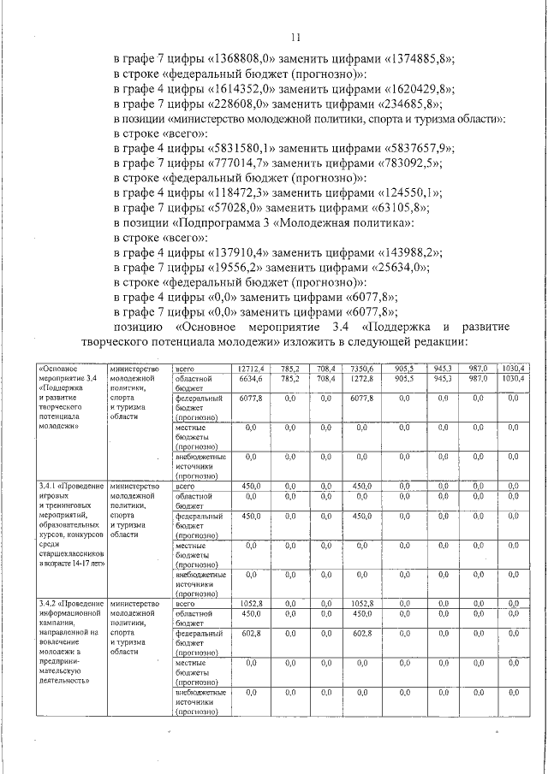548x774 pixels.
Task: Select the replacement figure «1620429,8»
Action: pos(417,89)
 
